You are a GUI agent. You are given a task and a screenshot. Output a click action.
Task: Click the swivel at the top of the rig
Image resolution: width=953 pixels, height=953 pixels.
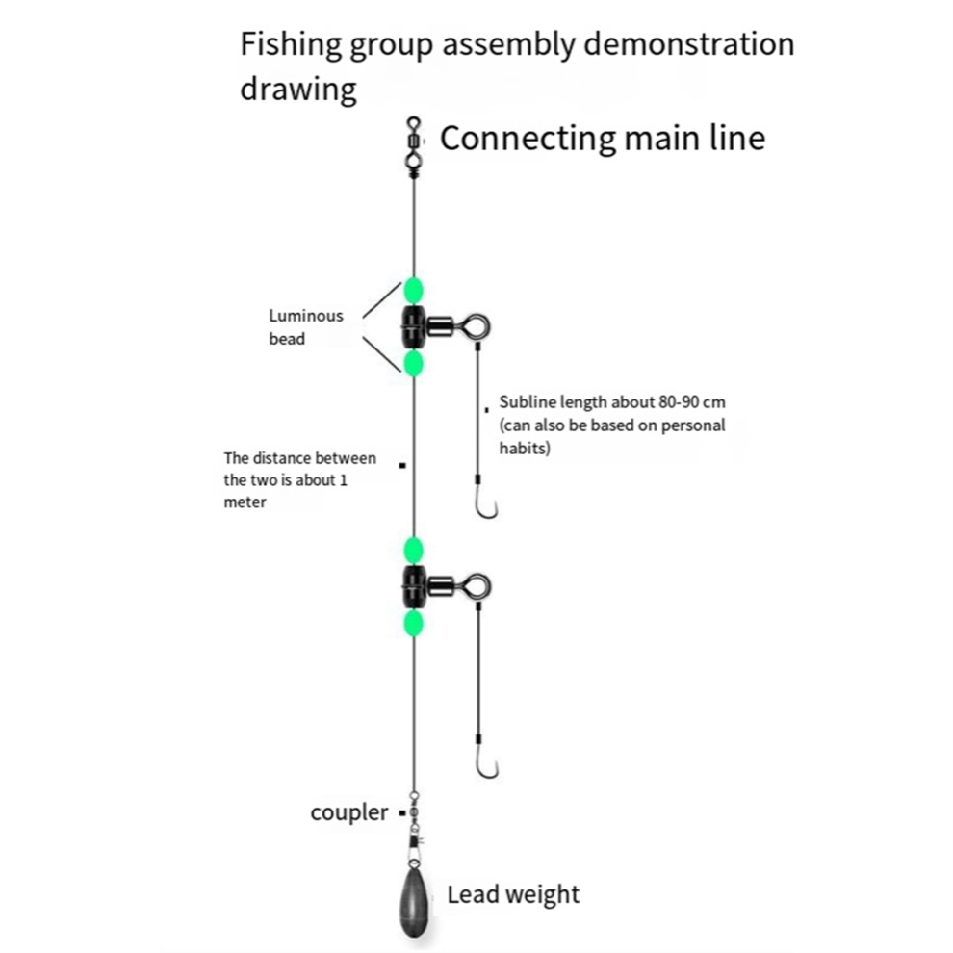[414, 144]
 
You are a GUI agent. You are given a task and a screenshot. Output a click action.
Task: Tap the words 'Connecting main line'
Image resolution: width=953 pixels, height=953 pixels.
[603, 139]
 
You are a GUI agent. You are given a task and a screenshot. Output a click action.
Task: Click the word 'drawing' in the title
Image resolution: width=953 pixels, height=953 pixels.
[297, 90]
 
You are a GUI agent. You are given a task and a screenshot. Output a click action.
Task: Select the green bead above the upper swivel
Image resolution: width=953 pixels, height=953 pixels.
[413, 291]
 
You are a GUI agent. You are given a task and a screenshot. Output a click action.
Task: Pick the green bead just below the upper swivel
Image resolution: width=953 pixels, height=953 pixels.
[413, 364]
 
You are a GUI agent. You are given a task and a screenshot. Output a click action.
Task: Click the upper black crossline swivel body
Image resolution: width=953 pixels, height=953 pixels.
[414, 327]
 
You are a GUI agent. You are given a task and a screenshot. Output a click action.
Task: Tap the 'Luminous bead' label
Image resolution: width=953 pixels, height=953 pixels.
[306, 327]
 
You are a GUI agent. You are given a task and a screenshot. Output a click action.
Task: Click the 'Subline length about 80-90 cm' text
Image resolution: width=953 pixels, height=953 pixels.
[612, 402]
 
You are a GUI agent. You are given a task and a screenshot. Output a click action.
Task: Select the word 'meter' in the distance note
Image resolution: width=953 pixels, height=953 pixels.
[245, 502]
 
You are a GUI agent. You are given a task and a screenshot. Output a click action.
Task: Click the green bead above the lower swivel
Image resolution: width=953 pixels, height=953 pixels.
[413, 551]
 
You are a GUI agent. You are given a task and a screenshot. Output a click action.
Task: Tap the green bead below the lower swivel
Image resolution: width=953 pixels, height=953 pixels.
[413, 624]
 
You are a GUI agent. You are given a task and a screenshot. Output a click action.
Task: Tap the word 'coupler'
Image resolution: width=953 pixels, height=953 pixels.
[348, 813]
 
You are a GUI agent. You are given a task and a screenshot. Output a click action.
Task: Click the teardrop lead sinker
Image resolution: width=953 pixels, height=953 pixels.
[414, 902]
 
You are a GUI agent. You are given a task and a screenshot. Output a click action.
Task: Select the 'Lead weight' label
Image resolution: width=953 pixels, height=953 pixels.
[514, 894]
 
